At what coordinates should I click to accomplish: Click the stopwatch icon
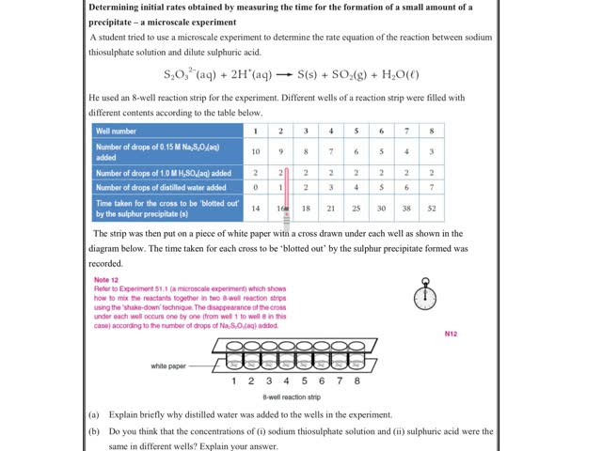[425, 296]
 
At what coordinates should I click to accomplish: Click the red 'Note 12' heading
[106, 280]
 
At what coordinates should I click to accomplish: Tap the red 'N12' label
[451, 333]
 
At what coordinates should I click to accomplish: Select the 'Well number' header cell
[117, 131]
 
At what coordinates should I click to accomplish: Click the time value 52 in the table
[432, 208]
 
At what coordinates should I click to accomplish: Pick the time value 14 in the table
[256, 208]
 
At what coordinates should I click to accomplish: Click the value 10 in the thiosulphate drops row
[256, 150]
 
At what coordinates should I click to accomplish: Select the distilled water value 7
[432, 188]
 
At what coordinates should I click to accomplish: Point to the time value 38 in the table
[406, 208]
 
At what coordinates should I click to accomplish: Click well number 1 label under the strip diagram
[234, 381]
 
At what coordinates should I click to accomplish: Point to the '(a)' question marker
[94, 414]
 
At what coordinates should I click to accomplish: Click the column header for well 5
[356, 131]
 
